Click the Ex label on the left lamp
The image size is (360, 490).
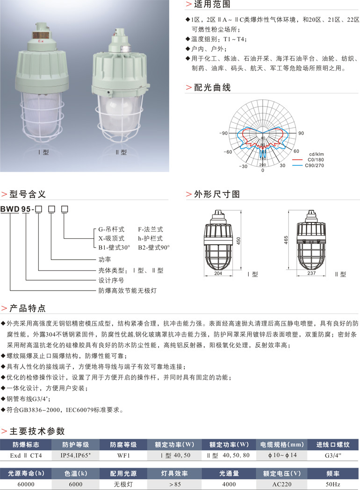click(41, 41)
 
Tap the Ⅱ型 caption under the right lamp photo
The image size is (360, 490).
click(121, 152)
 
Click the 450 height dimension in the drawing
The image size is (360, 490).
click(238, 241)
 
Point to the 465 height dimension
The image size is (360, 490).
click(286, 240)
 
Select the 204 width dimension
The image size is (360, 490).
click(218, 273)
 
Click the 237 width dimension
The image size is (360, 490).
click(311, 273)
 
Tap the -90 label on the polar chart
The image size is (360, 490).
click(223, 133)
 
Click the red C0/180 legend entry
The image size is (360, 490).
click(309, 160)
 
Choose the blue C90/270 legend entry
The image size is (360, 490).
click(309, 165)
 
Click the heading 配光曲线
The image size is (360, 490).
click(212, 87)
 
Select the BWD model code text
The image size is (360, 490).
click(10, 209)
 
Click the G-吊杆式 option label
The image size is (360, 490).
click(111, 229)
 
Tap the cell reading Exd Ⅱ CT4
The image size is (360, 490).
click(26, 455)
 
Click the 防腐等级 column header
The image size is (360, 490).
click(123, 444)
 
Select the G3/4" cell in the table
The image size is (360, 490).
click(333, 455)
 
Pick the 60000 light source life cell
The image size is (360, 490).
click(26, 484)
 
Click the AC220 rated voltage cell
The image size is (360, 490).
click(282, 484)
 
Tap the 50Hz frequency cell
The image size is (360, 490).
click(333, 484)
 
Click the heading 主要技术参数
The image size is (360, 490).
click(37, 431)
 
